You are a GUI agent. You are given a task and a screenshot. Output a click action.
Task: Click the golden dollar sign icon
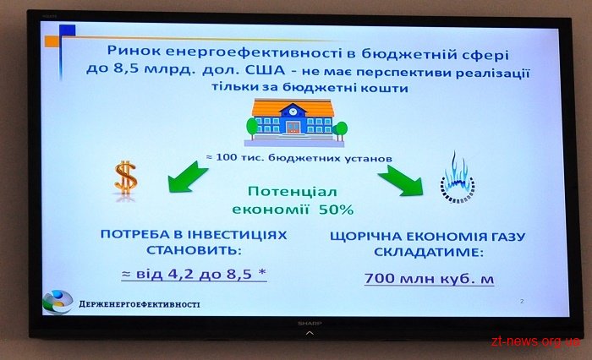click(126, 178)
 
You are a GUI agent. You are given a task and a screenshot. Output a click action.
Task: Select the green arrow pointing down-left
click(187, 177)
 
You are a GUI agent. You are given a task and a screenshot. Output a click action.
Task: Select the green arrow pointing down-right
click(401, 180)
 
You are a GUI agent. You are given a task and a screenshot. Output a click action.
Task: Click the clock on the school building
click(293, 111)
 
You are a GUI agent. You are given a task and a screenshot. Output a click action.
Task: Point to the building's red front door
click(293, 127)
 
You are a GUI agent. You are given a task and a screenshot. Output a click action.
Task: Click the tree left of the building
click(251, 126)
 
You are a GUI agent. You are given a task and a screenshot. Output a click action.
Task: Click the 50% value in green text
click(336, 209)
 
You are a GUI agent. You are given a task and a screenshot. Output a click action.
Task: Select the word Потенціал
click(293, 192)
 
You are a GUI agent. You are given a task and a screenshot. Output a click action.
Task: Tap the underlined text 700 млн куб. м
click(430, 279)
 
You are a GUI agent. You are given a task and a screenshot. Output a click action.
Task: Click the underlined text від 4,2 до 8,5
click(194, 274)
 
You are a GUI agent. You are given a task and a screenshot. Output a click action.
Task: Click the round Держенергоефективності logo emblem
click(58, 302)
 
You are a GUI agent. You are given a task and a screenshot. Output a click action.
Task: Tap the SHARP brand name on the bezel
click(310, 324)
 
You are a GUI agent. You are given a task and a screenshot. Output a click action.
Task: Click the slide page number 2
click(522, 301)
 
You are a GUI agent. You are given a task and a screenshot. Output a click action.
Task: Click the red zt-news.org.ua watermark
click(535, 341)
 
